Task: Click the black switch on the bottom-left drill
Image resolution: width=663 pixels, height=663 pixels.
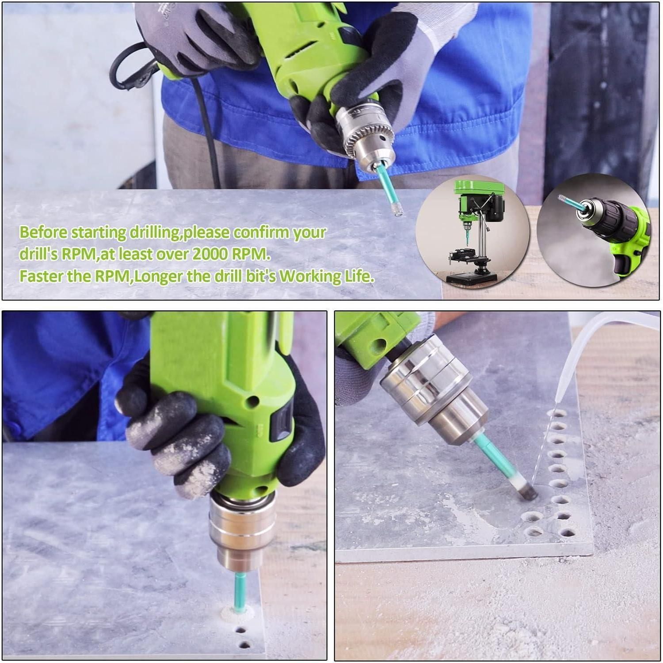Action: coord(283,424)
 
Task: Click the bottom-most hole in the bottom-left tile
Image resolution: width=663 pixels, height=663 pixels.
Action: coord(242,644)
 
